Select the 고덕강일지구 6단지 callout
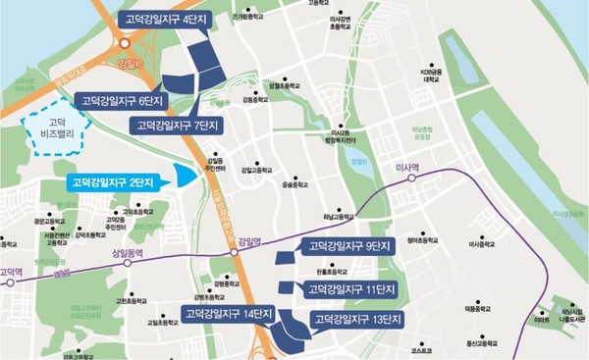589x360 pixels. click(x=123, y=100)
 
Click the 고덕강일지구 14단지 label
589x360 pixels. click(x=221, y=314)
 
